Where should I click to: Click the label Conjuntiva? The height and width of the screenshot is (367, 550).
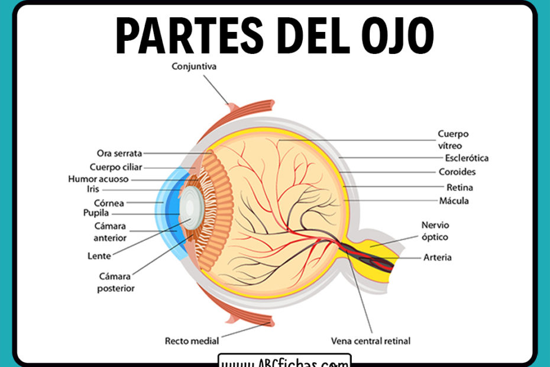click(x=193, y=66)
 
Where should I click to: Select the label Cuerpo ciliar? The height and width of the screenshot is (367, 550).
click(x=116, y=167)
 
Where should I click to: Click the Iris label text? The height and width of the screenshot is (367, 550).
click(x=92, y=189)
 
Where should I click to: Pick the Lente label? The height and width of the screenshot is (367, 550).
click(x=98, y=256)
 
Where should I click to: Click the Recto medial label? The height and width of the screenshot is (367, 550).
click(x=192, y=341)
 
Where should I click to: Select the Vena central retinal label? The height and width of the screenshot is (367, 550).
click(x=371, y=341)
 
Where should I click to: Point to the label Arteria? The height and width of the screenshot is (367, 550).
click(x=438, y=257)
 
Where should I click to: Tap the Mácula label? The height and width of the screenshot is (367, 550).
click(x=455, y=201)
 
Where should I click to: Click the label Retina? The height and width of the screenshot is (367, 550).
click(x=460, y=188)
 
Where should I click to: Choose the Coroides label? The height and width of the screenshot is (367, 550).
click(x=457, y=172)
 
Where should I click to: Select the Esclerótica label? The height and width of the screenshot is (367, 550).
click(x=467, y=158)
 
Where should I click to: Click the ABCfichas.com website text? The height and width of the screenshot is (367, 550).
click(x=284, y=361)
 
